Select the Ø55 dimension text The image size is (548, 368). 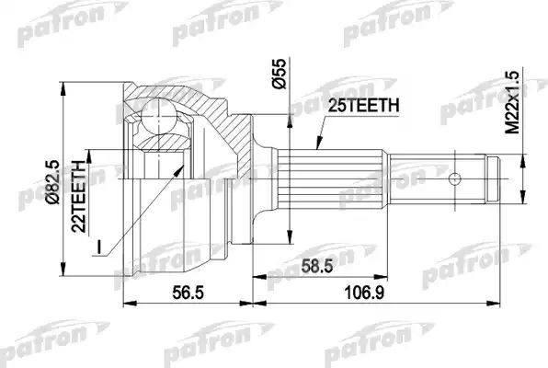[274, 74]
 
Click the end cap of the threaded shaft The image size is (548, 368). [495, 178]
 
